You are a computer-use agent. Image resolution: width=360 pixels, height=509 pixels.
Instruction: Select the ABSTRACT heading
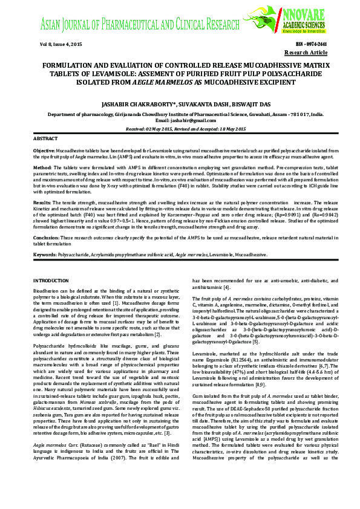point(45,140)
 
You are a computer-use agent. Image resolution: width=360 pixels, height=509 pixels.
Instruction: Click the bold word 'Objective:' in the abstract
point(44,149)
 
